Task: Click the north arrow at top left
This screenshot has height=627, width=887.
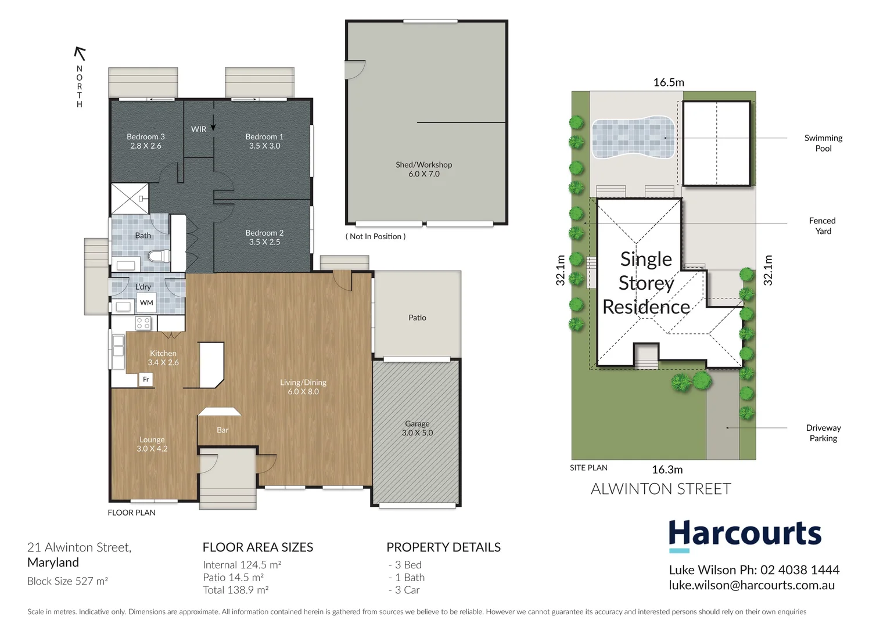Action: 80,54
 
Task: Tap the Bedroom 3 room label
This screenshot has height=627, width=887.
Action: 146,137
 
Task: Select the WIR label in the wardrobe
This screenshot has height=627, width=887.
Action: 199,129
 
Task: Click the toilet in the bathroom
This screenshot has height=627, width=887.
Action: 158,256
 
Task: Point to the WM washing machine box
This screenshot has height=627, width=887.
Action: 146,302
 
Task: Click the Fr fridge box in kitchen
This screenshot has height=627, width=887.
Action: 146,380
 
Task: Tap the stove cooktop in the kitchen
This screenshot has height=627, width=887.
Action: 143,323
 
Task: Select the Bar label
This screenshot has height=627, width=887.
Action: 222,430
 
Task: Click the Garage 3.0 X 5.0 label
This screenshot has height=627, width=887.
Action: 417,428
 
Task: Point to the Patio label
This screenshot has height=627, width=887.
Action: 417,318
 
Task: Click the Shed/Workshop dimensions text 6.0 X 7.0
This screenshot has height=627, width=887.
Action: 424,174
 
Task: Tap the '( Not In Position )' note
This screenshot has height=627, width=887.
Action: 375,236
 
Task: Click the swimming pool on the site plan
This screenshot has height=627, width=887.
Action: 633,138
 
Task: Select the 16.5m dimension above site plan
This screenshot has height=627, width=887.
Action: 669,82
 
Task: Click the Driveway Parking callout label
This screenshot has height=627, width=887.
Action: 823,433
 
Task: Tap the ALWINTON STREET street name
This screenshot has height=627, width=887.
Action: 660,489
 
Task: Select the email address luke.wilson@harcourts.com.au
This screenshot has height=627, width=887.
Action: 752,585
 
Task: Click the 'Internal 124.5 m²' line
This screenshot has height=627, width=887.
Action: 242,565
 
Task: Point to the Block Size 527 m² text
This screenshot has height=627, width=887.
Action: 67,581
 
